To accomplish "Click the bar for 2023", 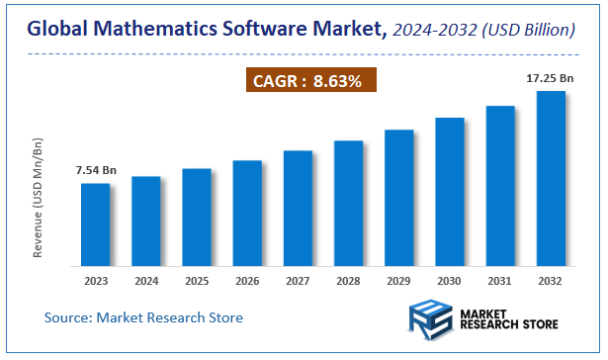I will (x=96, y=225).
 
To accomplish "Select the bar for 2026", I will (x=247, y=213).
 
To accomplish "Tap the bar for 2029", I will (x=399, y=198).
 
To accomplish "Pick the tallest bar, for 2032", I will (x=551, y=178).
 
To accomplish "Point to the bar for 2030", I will (x=450, y=192).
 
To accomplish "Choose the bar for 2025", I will (x=197, y=217).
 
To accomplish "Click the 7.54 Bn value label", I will (x=96, y=171).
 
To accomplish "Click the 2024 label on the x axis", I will (x=146, y=281).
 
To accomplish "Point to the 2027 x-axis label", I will (x=298, y=281).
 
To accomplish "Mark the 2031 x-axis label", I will (x=500, y=281).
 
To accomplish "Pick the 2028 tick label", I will (x=349, y=281).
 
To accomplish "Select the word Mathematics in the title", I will (x=154, y=31).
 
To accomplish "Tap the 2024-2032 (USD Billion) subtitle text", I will (x=484, y=32).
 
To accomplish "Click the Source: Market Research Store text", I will (x=143, y=317).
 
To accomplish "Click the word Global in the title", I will (x=57, y=31).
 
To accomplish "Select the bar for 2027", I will (x=298, y=208).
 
